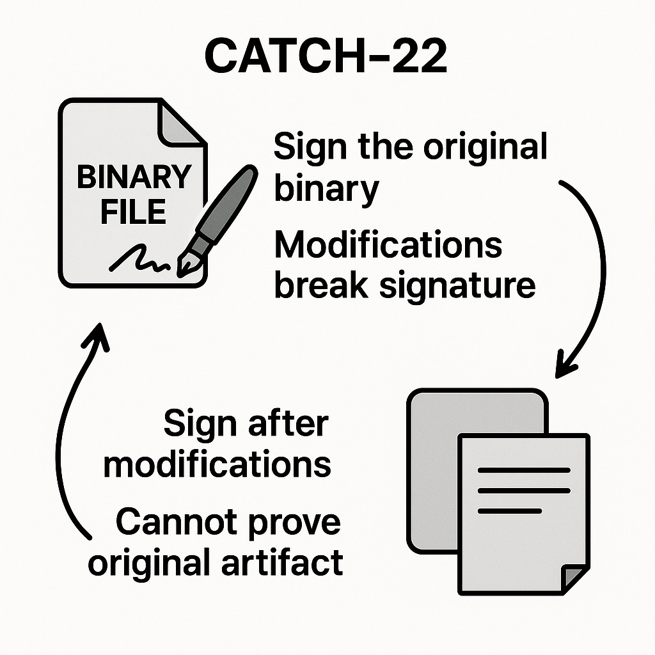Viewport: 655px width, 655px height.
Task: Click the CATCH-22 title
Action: pyautogui.click(x=327, y=56)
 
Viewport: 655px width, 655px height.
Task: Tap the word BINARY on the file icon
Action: pyautogui.click(x=134, y=177)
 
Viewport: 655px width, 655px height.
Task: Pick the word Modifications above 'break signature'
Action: pyautogui.click(x=388, y=247)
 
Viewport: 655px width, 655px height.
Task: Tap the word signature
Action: pyautogui.click(x=457, y=286)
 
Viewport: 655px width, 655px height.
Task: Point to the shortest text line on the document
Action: pyautogui.click(x=509, y=511)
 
